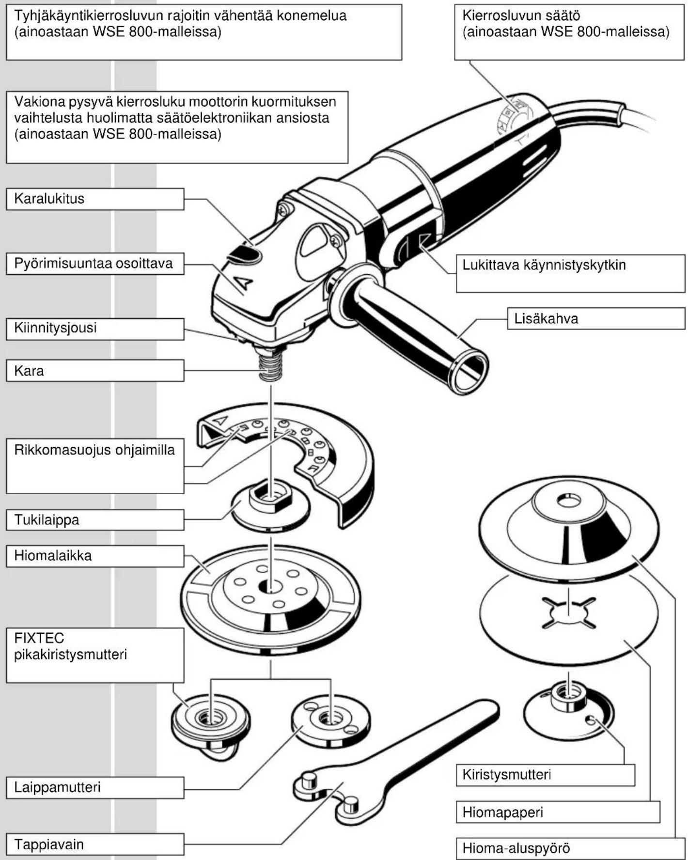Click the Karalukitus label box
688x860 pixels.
click(x=95, y=199)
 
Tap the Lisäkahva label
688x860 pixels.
click(x=596, y=319)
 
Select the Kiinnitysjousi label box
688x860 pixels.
click(x=95, y=329)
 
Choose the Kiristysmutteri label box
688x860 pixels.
click(x=545, y=775)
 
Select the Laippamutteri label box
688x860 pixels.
click(x=95, y=787)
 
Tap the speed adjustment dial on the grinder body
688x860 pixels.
click(x=514, y=117)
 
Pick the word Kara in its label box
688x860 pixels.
click(x=29, y=371)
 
